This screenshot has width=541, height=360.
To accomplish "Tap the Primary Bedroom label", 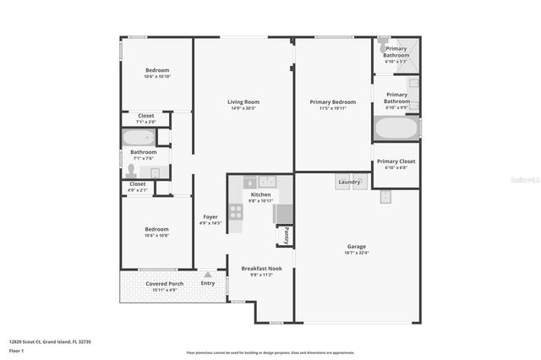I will (325, 102).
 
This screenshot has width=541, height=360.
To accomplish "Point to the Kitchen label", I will (260, 194).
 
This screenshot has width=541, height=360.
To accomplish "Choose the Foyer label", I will (210, 217).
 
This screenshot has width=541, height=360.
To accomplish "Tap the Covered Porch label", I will (164, 284).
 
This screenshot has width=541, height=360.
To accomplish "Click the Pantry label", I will (287, 234).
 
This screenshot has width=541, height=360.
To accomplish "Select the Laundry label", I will (349, 181).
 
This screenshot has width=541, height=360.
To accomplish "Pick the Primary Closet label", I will (396, 161).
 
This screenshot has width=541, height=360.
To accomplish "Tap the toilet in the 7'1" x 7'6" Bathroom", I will (131, 171).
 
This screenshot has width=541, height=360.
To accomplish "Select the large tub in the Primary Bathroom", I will (396, 128).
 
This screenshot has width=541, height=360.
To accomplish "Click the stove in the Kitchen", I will (236, 211).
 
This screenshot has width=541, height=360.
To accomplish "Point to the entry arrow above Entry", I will (207, 275).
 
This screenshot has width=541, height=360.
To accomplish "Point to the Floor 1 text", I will (17, 349).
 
